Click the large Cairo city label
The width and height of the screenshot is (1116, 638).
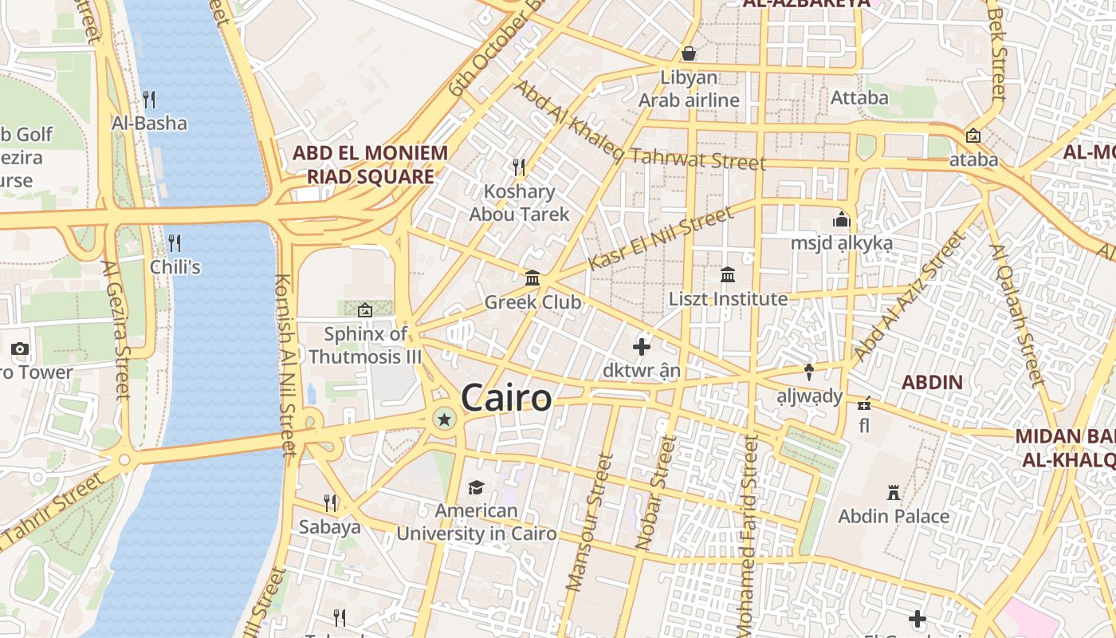(x=506, y=398)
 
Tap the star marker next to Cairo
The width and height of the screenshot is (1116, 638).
(x=444, y=419)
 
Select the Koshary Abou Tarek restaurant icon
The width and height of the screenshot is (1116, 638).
(x=519, y=167)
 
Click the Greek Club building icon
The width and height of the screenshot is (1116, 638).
(x=532, y=278)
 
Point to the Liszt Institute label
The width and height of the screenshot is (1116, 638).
(x=728, y=299)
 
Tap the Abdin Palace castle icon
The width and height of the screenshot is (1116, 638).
(x=894, y=493)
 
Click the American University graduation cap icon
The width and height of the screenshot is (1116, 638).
(x=476, y=487)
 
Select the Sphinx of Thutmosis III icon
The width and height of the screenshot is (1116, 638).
(x=365, y=309)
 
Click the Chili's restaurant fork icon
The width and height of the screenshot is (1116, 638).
(x=175, y=242)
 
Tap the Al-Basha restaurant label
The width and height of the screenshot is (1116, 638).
(x=149, y=123)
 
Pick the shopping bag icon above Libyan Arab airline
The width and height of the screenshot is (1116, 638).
(x=689, y=53)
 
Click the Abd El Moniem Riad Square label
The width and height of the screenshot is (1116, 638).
(x=370, y=164)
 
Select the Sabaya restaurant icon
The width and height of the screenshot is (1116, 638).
(x=330, y=502)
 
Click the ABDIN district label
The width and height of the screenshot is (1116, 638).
(x=932, y=382)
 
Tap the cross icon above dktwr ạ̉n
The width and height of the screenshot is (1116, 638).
(x=642, y=346)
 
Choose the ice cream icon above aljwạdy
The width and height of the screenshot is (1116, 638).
(x=809, y=372)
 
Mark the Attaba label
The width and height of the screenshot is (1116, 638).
(x=859, y=97)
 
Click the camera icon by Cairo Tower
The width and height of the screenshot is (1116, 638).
(x=20, y=349)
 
